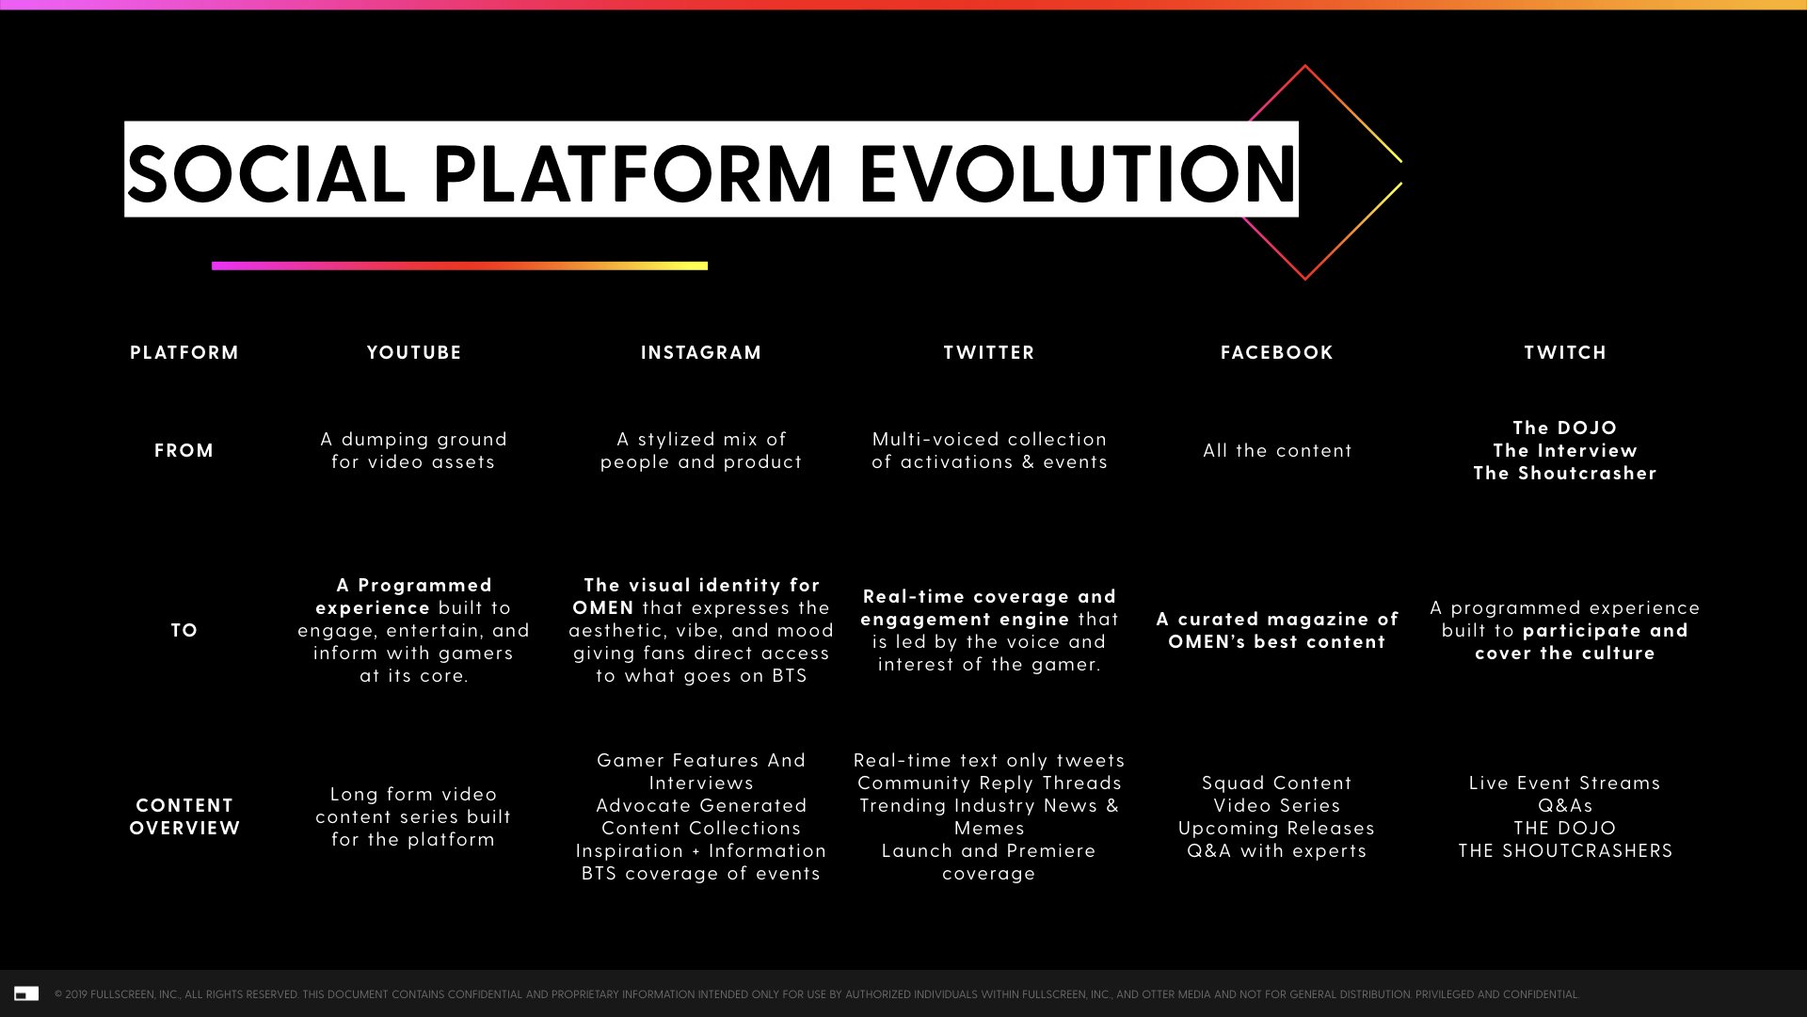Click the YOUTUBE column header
(414, 352)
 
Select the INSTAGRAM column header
(701, 352)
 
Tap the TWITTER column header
(989, 352)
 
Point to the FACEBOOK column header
(1277, 352)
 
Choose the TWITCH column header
(1565, 352)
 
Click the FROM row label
(184, 450)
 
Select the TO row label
(184, 630)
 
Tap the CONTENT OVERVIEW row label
(184, 816)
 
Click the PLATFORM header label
(184, 352)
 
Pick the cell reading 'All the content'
(1277, 450)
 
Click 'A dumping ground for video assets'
(413, 450)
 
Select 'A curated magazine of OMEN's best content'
(1277, 630)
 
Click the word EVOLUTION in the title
(1078, 173)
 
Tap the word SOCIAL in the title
(266, 173)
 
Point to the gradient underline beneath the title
(459, 266)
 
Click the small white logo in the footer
(26, 993)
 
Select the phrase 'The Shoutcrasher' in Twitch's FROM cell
(1565, 473)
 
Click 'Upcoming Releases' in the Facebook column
(1277, 828)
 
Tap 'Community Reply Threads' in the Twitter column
(989, 783)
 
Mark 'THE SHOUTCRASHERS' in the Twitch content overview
(1565, 850)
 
